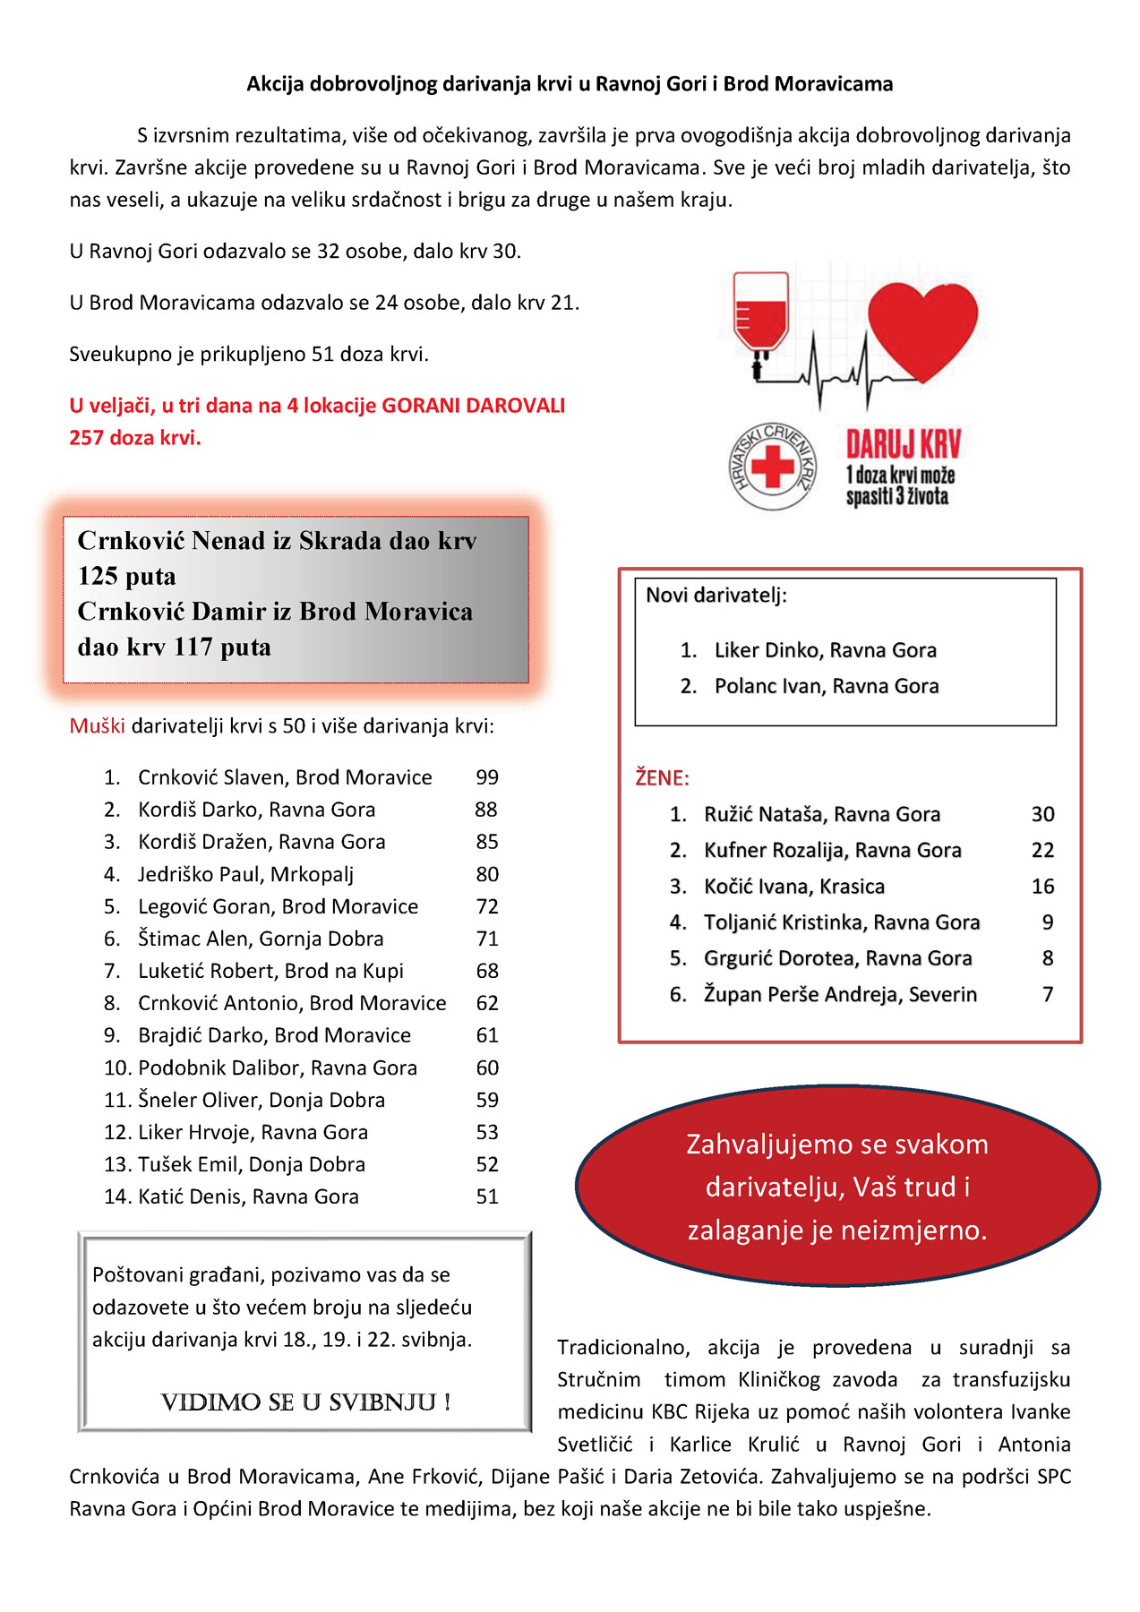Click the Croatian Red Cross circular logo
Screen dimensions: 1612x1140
[772, 467]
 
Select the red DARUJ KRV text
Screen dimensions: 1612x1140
[903, 444]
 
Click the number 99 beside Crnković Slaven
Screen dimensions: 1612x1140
[487, 777]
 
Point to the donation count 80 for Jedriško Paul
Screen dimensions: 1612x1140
[487, 874]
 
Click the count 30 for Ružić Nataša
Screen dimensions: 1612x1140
[1042, 814]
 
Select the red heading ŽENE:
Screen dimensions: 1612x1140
[662, 777]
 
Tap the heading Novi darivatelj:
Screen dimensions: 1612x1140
[716, 596]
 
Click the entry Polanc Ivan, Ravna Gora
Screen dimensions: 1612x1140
[826, 686]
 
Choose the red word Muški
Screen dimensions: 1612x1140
[97, 725]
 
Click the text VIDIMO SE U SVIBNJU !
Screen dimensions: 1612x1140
[305, 1402]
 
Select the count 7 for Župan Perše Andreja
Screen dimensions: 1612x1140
[1048, 994]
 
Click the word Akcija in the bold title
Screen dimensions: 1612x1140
[276, 84]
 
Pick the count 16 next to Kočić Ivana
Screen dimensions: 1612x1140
[1042, 887]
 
